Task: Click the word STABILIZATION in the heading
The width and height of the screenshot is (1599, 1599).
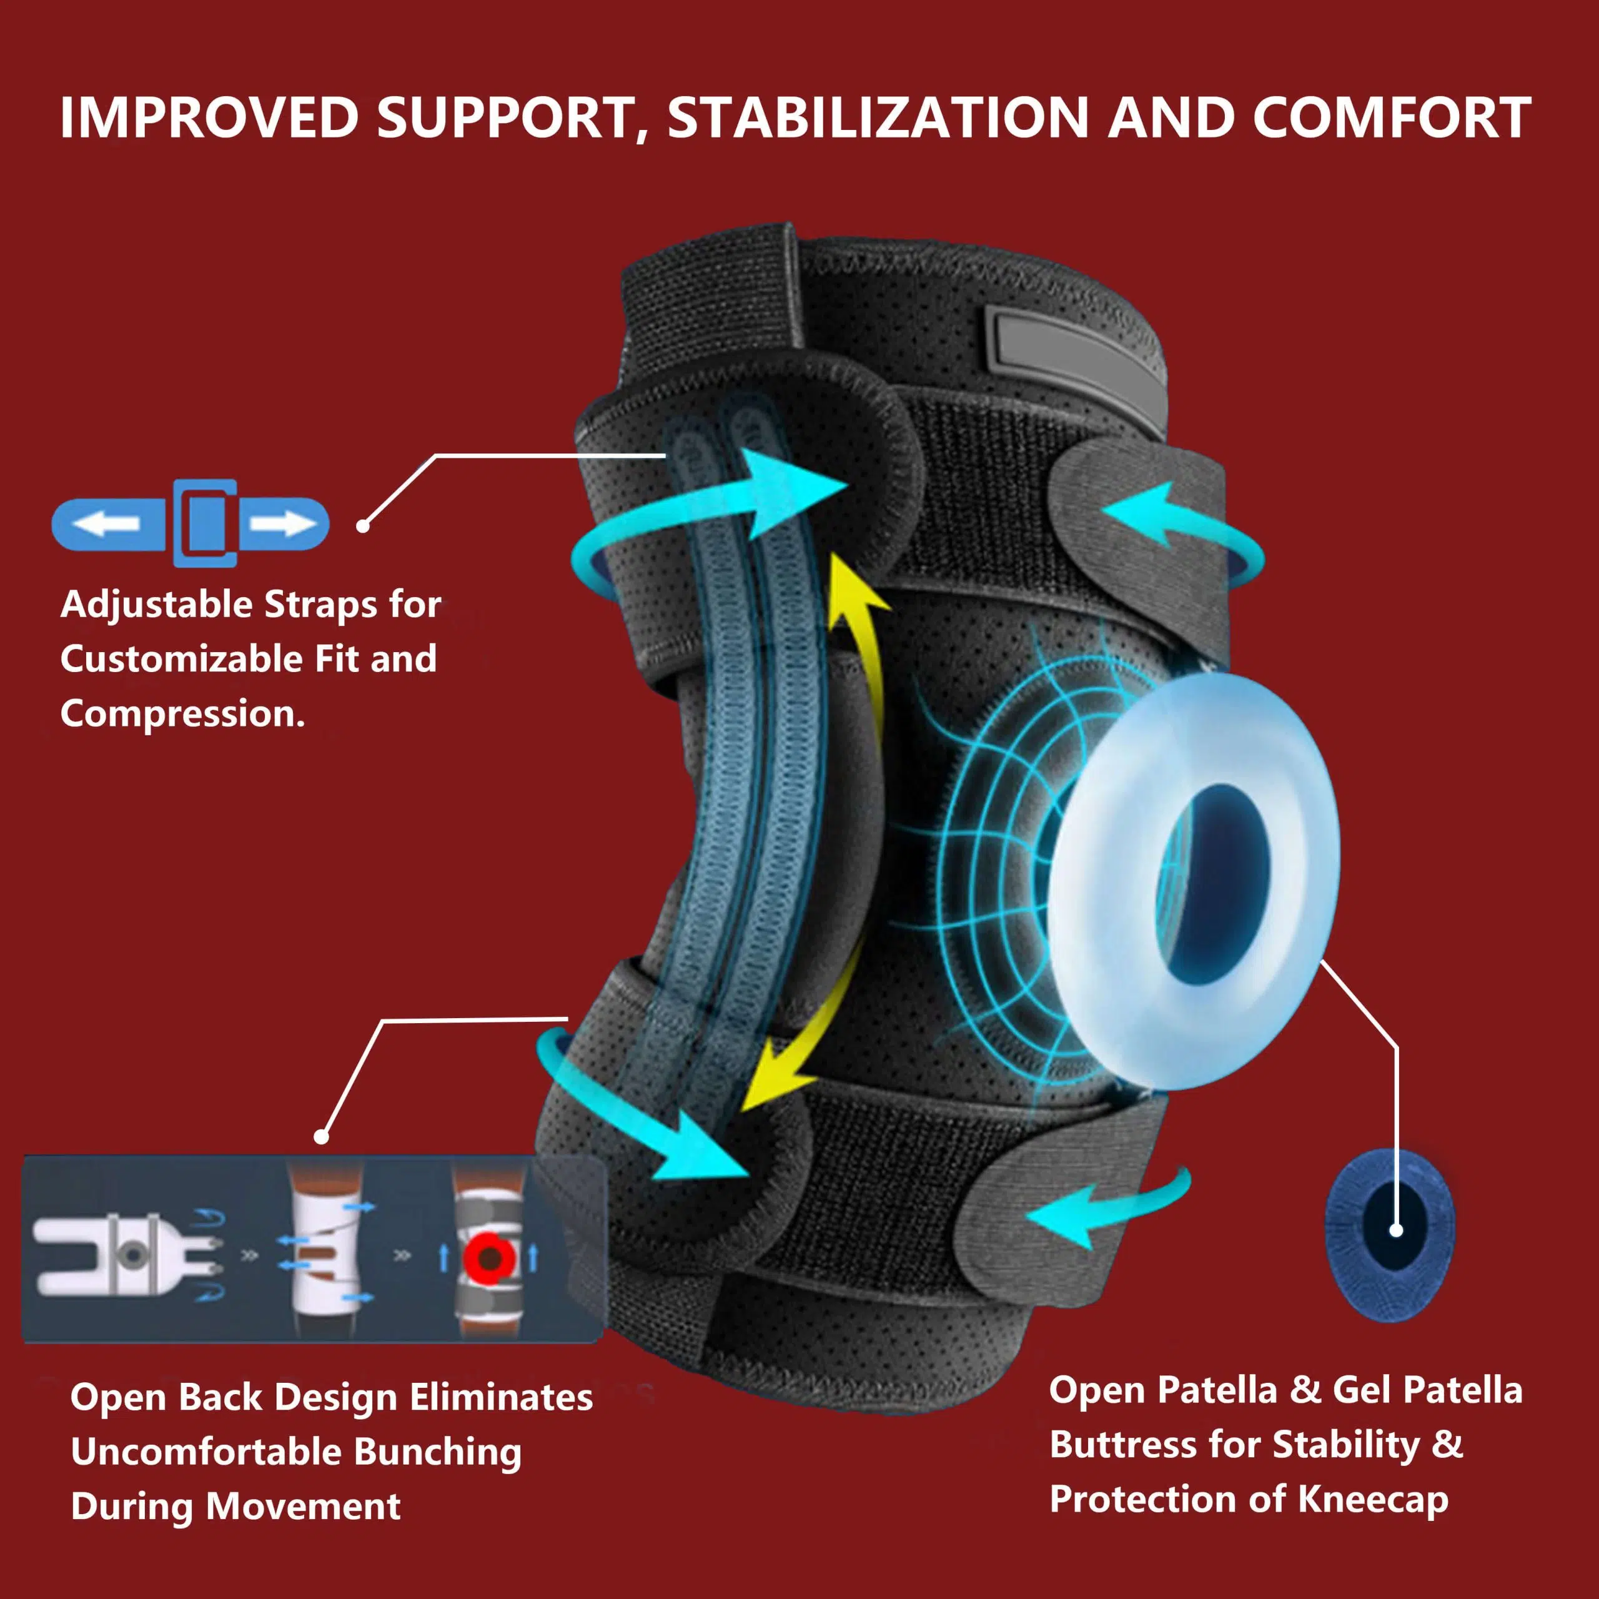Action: point(878,118)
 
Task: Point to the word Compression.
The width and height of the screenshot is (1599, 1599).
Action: point(183,713)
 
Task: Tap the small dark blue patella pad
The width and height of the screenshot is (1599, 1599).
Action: point(1390,1233)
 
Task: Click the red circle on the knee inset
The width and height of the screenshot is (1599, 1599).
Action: point(489,1258)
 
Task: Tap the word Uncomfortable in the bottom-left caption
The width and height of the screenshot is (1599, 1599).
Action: point(206,1452)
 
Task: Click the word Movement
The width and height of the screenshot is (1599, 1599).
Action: point(304,1505)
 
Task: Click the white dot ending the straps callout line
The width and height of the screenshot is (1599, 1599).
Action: point(362,525)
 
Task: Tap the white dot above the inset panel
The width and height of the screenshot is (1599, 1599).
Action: point(322,1137)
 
